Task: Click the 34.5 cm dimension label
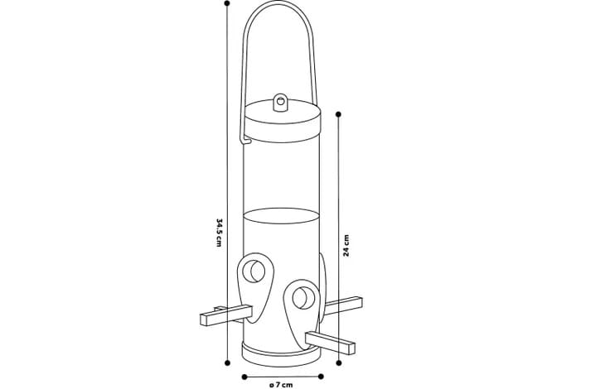(219, 233)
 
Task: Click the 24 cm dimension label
(346, 245)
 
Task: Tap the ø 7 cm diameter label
(281, 385)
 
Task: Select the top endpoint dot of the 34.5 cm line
(227, 3)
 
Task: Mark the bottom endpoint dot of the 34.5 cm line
(227, 363)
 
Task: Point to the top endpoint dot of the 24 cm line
(338, 114)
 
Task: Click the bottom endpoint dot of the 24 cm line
(339, 363)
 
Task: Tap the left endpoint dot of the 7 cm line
(244, 377)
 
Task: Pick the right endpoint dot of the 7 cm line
(321, 377)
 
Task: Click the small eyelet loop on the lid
(280, 103)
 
